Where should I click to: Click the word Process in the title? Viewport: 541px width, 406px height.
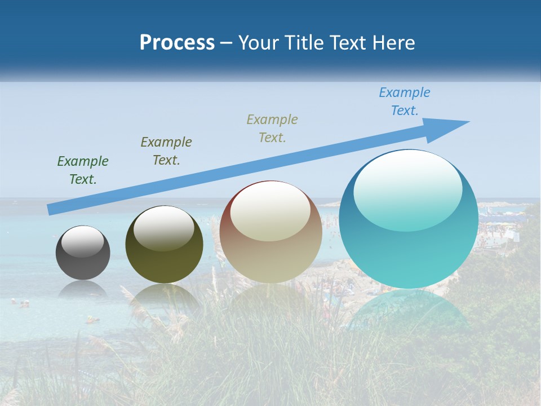(177, 43)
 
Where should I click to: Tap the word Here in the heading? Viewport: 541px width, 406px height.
(394, 43)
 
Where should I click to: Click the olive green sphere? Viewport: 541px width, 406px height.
(164, 248)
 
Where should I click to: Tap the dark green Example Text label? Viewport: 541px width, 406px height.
(83, 170)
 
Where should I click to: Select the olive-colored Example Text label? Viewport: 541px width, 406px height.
(166, 151)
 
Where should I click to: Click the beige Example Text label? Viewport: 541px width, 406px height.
(272, 128)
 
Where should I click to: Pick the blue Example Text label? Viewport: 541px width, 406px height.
(405, 101)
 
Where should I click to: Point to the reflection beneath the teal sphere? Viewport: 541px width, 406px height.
(408, 310)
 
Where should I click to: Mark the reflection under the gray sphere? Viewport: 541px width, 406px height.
(83, 289)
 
